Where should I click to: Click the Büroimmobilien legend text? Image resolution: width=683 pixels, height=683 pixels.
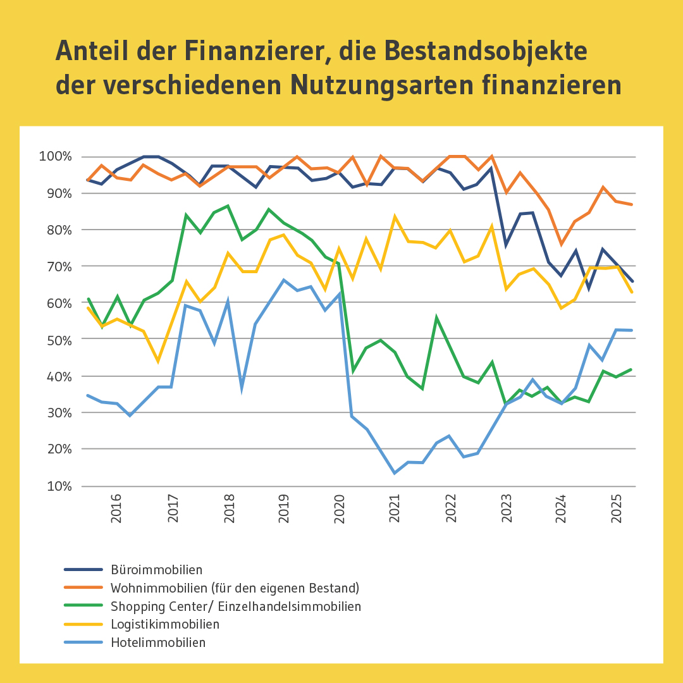[156, 570]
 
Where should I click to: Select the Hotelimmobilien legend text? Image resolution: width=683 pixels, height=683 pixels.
[158, 643]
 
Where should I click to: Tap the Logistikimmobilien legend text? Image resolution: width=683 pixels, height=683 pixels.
[165, 624]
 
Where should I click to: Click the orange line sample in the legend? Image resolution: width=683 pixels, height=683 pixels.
[83, 588]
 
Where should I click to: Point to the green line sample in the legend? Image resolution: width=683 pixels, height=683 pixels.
[83, 606]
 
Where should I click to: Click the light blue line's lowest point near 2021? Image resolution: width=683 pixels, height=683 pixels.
[395, 473]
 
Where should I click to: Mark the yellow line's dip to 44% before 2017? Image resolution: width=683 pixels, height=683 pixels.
[157, 362]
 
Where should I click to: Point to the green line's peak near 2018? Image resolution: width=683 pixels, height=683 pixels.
[228, 206]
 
